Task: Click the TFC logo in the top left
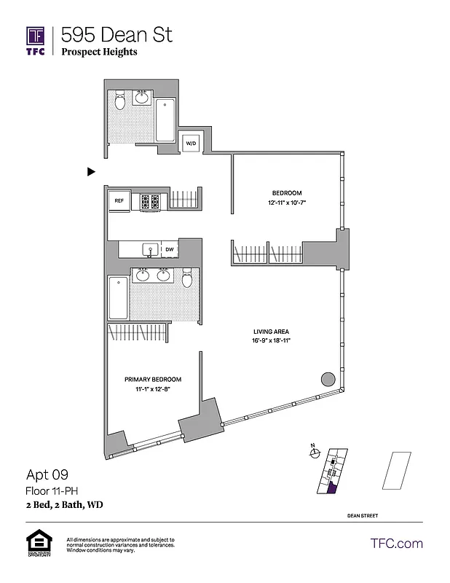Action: click(x=36, y=41)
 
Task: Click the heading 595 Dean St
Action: click(x=117, y=34)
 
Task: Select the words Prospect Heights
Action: click(x=99, y=52)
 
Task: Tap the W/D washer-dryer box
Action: click(x=191, y=143)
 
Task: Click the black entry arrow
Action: click(x=91, y=172)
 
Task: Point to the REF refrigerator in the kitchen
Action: click(x=119, y=200)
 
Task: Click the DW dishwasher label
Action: click(x=169, y=250)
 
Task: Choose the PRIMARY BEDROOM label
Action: click(x=152, y=380)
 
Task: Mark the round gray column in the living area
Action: click(x=328, y=380)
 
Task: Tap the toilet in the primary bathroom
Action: click(x=187, y=278)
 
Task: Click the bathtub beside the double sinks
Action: click(x=117, y=298)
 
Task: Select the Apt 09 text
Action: click(x=47, y=475)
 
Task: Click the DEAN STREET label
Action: click(x=362, y=516)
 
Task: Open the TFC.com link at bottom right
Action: click(x=397, y=544)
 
